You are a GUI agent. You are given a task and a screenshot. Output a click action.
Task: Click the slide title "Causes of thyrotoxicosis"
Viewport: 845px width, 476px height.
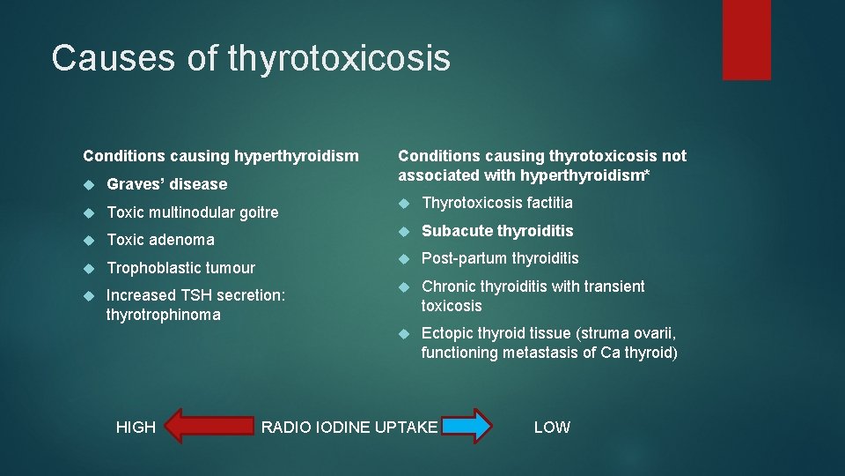[x=251, y=58]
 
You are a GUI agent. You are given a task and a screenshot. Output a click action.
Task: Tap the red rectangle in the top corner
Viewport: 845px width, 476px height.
[x=746, y=40]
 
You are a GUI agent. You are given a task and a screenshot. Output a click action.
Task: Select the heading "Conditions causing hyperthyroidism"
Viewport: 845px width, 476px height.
[x=221, y=156]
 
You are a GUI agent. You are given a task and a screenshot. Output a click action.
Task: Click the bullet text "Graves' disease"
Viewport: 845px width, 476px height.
[x=166, y=184]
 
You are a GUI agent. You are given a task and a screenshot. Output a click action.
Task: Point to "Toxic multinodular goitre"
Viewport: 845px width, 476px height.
[x=192, y=212]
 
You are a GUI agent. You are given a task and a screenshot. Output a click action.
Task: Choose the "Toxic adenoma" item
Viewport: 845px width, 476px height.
[x=160, y=240]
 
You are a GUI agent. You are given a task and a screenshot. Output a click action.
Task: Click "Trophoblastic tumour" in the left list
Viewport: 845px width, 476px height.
[x=180, y=268]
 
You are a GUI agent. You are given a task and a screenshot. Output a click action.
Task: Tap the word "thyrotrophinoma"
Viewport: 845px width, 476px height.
[x=163, y=315]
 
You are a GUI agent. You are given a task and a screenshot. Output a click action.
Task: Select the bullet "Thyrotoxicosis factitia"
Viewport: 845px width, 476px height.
[x=496, y=203]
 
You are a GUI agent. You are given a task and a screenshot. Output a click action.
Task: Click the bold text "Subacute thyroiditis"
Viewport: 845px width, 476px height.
[x=497, y=231]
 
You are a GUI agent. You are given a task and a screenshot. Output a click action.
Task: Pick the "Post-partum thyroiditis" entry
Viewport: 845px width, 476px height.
[x=500, y=258]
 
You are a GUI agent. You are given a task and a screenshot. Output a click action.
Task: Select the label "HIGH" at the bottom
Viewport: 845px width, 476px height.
[x=136, y=428]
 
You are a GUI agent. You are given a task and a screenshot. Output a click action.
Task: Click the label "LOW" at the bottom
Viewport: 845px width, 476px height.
[x=552, y=428]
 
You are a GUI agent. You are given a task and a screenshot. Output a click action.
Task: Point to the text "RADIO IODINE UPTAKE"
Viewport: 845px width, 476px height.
[x=349, y=428]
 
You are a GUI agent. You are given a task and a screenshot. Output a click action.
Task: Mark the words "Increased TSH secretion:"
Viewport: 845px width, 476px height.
[x=195, y=296]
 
